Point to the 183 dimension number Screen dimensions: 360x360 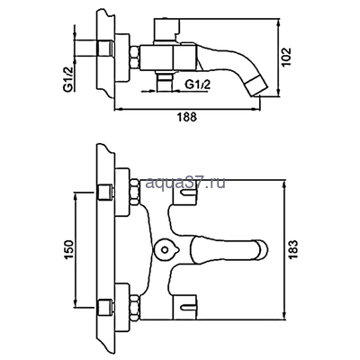coord(300,245)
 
